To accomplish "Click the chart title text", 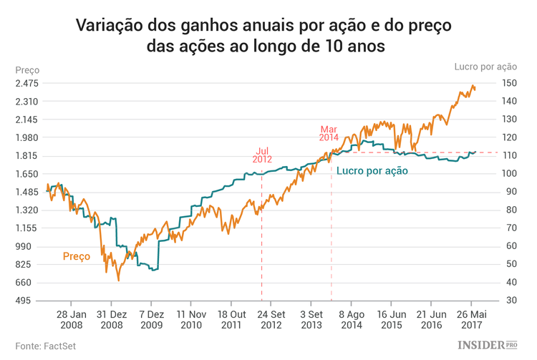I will (268, 35).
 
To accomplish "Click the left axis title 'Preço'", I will (27, 70).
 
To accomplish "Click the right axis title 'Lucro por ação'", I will (485, 67).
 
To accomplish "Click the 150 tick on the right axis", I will (509, 83).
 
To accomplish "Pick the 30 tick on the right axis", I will (507, 301).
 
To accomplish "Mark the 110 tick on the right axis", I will (509, 156).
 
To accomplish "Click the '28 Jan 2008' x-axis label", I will (72, 318).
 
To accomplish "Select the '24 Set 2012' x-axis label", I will (271, 318).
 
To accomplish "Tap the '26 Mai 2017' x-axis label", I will (471, 318).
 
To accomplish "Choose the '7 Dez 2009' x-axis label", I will (151, 318).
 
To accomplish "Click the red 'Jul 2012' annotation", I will (262, 155).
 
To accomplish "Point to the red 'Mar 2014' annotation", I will (329, 132).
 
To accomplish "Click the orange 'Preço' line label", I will (77, 256).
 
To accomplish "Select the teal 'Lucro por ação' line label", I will (372, 171).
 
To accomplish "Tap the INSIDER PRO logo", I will (487, 345).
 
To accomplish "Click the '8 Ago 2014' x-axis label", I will (352, 318).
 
